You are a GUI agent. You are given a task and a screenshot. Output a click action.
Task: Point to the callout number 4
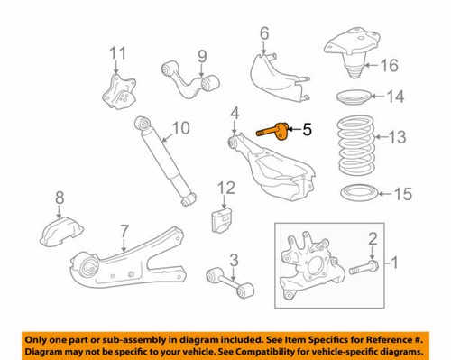[x=234, y=113]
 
